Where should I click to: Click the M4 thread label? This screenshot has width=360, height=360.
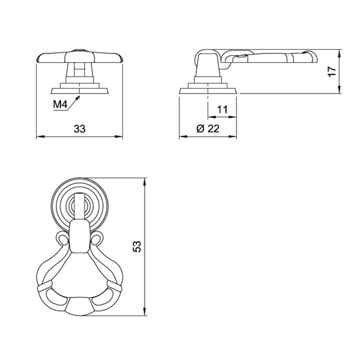tap(60, 104)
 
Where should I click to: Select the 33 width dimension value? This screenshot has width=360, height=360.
tap(79, 129)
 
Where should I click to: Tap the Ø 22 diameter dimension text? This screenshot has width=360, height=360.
tap(208, 128)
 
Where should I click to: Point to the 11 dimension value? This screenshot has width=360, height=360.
tap(222, 110)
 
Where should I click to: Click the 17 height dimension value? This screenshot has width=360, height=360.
tap(332, 71)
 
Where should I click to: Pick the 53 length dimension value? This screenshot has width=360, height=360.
tap(137, 247)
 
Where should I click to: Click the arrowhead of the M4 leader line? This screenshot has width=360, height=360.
tap(78, 98)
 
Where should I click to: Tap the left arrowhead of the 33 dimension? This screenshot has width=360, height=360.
tap(40, 137)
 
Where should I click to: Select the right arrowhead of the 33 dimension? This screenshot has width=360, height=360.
tap(119, 137)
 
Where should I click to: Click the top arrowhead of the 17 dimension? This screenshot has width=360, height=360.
tap(339, 53)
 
